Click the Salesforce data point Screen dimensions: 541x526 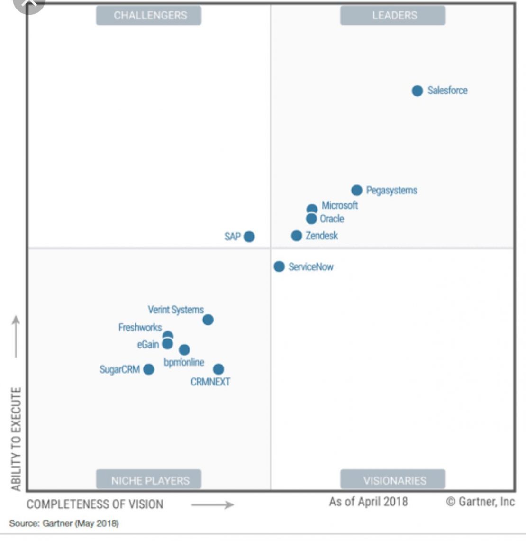tap(417, 91)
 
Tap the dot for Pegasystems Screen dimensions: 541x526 tap(357, 190)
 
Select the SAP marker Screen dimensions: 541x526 tap(249, 236)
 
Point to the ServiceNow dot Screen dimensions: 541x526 tap(279, 266)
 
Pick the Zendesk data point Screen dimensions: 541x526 tap(297, 236)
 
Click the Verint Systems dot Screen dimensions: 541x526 tap(208, 320)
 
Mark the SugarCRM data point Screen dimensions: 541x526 tap(149, 369)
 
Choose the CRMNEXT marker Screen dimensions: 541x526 tap(218, 369)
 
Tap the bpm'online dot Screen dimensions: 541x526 tap(184, 350)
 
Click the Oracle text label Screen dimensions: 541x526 tap(332, 219)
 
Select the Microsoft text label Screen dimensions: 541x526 tap(340, 205)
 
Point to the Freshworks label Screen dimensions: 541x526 tap(140, 327)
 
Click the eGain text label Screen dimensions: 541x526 tap(148, 344)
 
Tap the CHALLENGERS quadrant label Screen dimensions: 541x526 tap(149, 15)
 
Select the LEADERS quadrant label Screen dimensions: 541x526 tap(393, 15)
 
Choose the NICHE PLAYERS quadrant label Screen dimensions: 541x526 tap(149, 480)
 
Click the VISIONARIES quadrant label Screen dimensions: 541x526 tap(393, 480)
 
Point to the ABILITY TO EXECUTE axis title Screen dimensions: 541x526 tap(16, 439)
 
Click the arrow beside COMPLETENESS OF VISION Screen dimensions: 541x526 tap(213, 505)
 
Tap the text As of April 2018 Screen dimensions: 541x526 tap(368, 502)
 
